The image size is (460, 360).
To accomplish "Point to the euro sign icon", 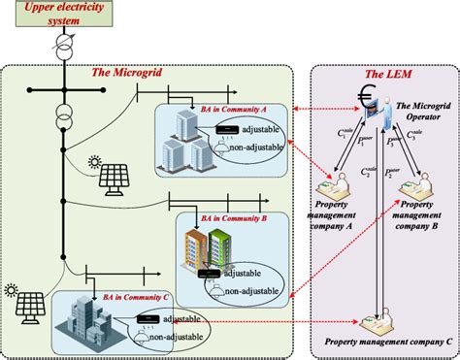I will [x=366, y=100].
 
